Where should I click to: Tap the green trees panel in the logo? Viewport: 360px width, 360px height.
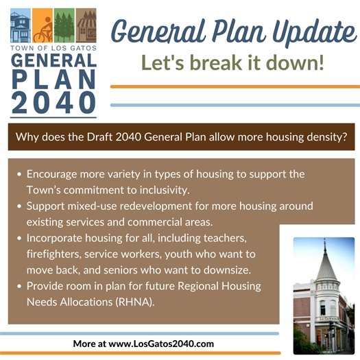(x=64, y=27)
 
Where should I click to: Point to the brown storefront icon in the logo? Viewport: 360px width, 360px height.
(x=86, y=27)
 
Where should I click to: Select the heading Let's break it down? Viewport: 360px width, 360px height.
(x=232, y=64)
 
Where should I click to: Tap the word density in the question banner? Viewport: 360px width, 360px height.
(x=322, y=137)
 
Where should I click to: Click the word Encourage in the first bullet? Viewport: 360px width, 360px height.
(x=53, y=174)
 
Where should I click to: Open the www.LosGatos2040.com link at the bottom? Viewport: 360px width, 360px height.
(x=158, y=343)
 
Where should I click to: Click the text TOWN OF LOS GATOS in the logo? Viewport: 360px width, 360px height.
(x=53, y=50)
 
